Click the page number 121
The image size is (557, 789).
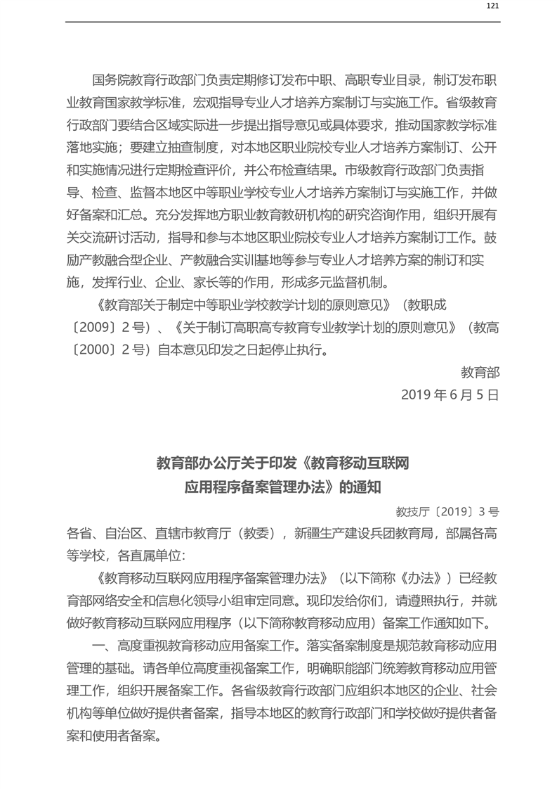click(492, 6)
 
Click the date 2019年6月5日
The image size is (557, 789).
click(450, 394)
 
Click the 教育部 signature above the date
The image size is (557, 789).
click(480, 372)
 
